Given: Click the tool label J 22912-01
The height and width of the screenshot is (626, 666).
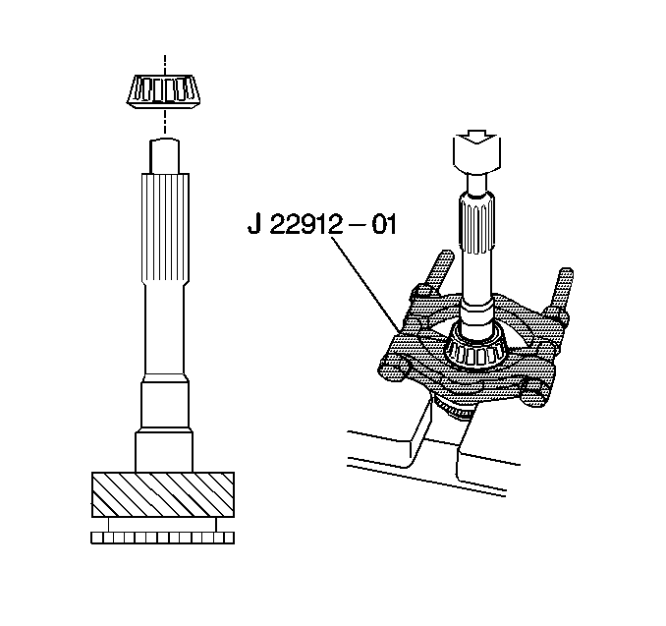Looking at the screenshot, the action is click(321, 224).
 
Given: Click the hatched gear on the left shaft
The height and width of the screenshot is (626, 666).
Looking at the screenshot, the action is click(163, 494).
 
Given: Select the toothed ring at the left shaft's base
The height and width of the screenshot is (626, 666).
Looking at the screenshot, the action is click(163, 538).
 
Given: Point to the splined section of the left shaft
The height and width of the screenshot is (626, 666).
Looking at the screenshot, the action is click(165, 230).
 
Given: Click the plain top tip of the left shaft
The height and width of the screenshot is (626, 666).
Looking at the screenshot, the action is click(164, 155).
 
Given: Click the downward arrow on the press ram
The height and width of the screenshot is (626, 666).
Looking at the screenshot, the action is click(477, 139).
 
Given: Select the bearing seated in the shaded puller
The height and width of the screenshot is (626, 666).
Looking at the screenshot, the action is click(474, 345).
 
